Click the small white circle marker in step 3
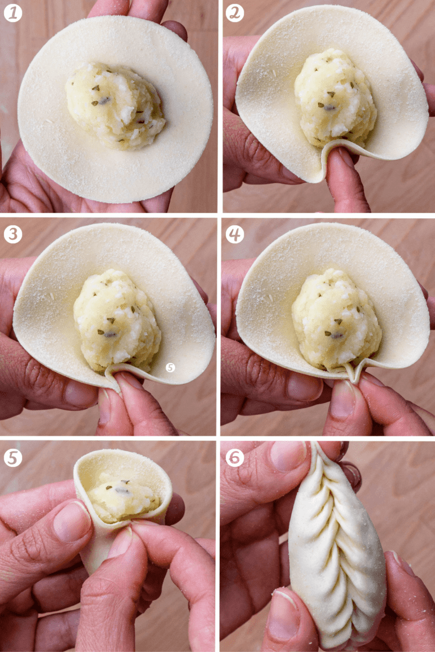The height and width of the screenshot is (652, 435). [x=170, y=367]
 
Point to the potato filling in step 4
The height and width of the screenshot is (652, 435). [x=335, y=320]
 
